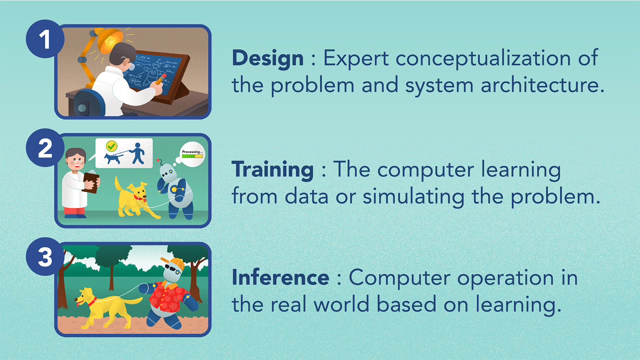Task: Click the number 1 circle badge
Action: (x=45, y=39)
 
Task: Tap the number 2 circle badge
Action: (x=45, y=147)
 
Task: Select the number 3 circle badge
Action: (x=45, y=256)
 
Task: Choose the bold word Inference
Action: (x=280, y=277)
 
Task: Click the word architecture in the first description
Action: (x=542, y=85)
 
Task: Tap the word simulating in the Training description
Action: (x=413, y=196)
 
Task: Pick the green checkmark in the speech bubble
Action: (x=111, y=146)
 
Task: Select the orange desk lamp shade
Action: (x=110, y=40)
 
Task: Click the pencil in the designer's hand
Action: (x=160, y=79)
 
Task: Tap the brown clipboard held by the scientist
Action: (x=91, y=182)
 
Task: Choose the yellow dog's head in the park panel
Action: (x=84, y=297)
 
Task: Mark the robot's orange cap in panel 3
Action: (x=173, y=263)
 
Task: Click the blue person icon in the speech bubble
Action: (x=137, y=153)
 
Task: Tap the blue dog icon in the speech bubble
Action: (x=113, y=158)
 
